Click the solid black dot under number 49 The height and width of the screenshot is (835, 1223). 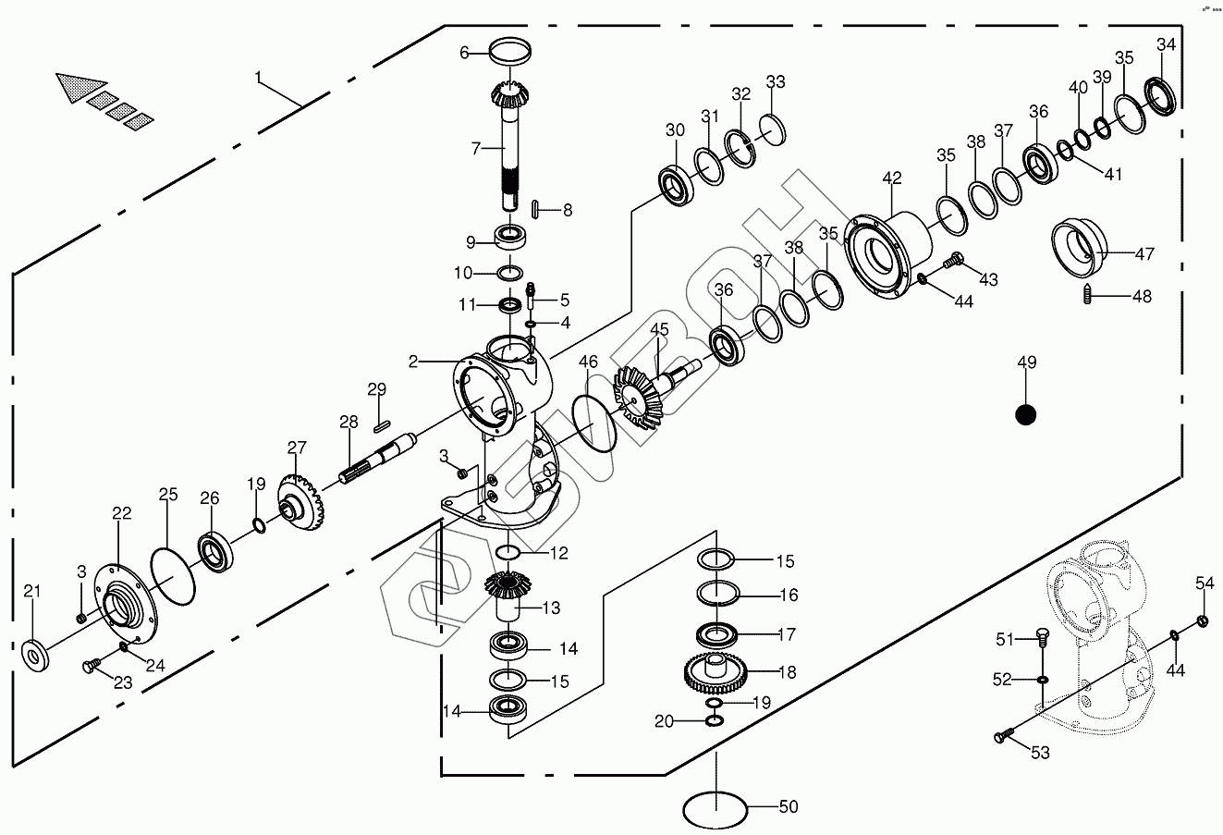pos(1025,415)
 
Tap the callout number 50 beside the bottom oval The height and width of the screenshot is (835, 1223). pos(788,807)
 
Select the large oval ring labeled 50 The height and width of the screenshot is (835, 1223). pos(715,810)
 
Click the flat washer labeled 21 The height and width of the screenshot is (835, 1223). pos(36,656)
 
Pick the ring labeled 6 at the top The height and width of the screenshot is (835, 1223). pos(505,53)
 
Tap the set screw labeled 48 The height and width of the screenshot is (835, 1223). pos(1088,296)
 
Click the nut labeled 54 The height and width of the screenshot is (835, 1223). pos(1203,620)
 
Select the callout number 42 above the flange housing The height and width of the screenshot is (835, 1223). pos(891,178)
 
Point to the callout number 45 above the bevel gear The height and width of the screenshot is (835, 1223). pos(658,330)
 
